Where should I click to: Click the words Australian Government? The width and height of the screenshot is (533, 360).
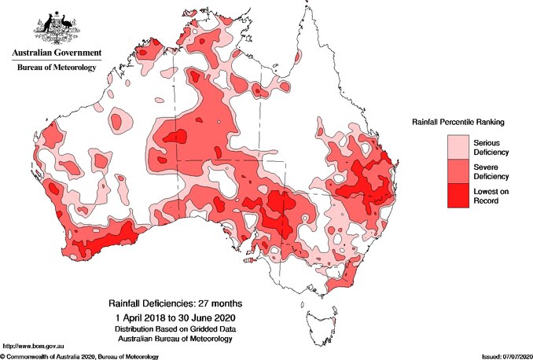(56, 53)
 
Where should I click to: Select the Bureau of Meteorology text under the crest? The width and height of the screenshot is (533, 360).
(56, 68)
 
